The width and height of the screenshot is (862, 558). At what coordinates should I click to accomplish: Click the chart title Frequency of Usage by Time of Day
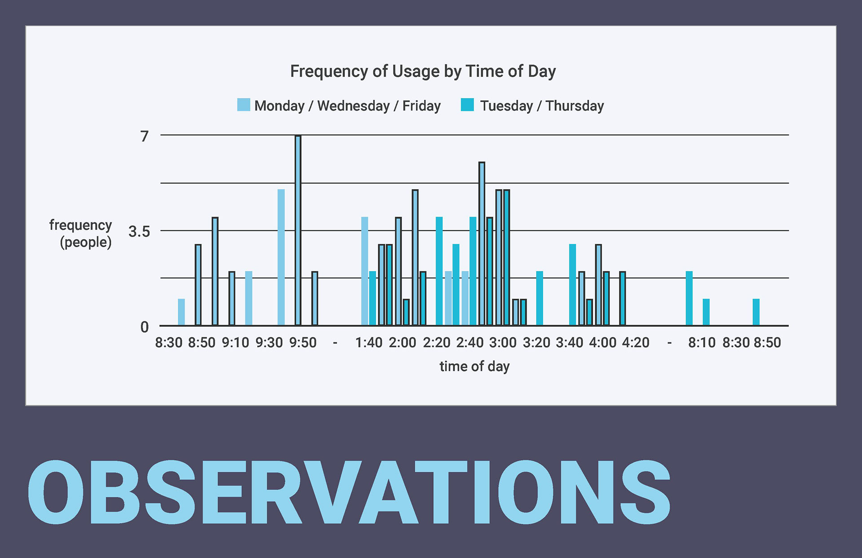[422, 71]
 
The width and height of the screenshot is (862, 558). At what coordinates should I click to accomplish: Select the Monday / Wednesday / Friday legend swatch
[243, 105]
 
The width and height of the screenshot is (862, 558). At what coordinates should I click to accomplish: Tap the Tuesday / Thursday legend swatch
[467, 105]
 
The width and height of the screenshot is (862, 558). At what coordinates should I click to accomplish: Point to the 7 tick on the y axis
[144, 136]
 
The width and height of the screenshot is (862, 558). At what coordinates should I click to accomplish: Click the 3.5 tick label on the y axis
[139, 231]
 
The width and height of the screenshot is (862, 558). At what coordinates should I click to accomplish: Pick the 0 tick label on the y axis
[144, 327]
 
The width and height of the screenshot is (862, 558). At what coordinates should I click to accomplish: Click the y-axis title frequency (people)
[81, 233]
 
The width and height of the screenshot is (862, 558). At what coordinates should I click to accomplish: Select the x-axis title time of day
[474, 366]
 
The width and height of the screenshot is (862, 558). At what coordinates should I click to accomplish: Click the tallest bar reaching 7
[298, 230]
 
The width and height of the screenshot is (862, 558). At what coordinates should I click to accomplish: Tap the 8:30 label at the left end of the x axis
[168, 342]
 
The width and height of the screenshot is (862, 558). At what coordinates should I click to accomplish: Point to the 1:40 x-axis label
[369, 342]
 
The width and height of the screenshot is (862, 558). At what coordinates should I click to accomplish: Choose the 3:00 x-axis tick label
[503, 342]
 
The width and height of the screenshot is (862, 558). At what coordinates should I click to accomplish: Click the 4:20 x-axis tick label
[635, 342]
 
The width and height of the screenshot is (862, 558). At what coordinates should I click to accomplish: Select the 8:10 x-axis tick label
[702, 342]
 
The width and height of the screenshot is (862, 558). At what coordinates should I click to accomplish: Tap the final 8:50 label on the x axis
[767, 342]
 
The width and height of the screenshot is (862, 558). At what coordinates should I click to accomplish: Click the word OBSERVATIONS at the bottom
[349, 492]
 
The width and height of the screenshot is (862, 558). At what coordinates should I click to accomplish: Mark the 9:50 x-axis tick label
[303, 342]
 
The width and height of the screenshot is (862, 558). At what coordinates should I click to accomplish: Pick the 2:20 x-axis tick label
[436, 342]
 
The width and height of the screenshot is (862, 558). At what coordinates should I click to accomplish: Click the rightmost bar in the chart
[756, 312]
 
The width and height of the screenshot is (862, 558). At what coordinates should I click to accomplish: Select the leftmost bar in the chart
[181, 312]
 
